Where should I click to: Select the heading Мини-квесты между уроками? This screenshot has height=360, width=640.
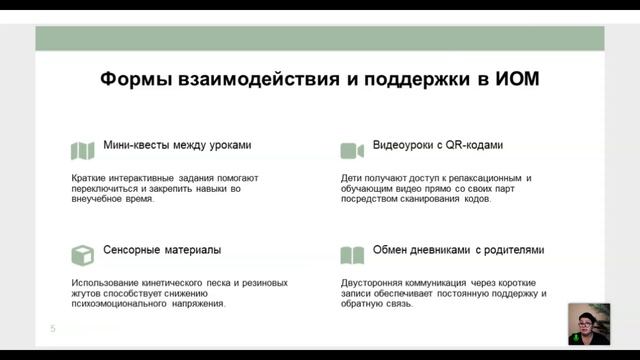pos(177,145)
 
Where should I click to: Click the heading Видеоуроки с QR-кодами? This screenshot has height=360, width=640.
pos(437,145)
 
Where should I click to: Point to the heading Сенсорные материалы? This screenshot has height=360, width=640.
pos(162,250)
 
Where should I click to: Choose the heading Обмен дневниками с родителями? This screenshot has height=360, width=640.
pos(459,250)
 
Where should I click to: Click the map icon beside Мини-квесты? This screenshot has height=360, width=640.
pos(82,150)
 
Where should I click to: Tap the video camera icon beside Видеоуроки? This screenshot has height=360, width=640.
pos(351,150)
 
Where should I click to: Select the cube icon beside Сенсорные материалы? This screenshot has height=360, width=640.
pos(82,254)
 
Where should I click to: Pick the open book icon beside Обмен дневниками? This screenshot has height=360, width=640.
pos(351,254)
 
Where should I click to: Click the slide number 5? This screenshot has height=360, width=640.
pos(53,328)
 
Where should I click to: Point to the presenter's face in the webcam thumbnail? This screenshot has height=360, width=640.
pos(585,322)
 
